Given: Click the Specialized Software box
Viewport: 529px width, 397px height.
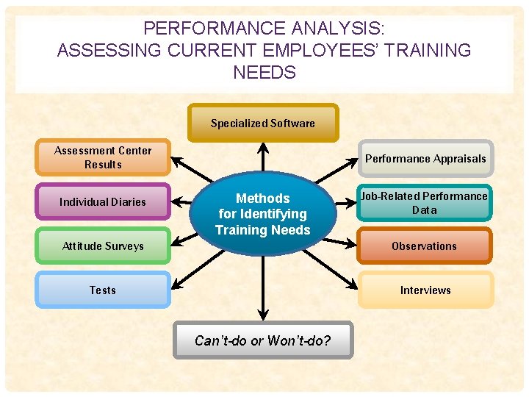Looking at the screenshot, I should [x=263, y=123].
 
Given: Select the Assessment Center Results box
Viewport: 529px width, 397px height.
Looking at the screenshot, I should [x=103, y=157].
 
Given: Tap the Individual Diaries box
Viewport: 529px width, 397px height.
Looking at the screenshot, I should [x=103, y=201].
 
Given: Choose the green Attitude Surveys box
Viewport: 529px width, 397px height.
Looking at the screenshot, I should [x=103, y=246].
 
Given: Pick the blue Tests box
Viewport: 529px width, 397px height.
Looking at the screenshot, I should [x=103, y=290].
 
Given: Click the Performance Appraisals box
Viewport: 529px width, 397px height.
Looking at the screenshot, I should [x=425, y=158].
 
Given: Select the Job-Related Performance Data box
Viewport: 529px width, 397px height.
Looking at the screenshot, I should [x=425, y=202].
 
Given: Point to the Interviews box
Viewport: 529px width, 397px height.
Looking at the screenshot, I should [x=425, y=290].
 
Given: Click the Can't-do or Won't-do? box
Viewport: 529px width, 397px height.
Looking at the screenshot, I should [x=262, y=340].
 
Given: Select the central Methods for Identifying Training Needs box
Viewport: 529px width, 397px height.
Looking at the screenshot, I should [x=262, y=214].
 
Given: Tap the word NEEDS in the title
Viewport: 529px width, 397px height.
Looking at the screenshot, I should [x=264, y=72].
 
